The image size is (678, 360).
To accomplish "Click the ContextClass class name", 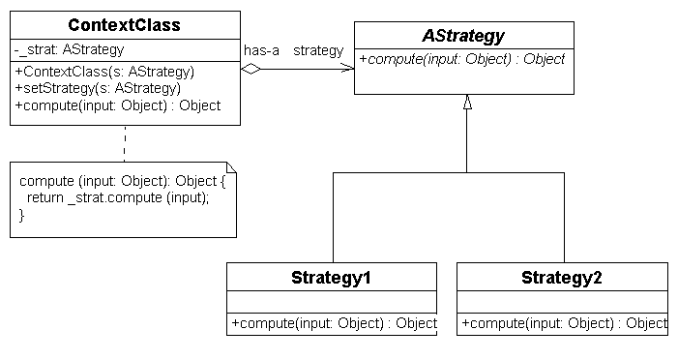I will click(x=126, y=23).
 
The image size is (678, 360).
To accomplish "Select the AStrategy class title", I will click(x=463, y=36).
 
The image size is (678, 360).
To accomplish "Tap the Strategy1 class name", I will click(x=331, y=278).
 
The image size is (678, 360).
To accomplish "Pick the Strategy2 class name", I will click(x=561, y=278).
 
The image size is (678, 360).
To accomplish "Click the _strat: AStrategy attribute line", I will click(x=69, y=49).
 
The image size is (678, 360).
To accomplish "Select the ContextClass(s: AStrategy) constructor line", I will click(x=104, y=71).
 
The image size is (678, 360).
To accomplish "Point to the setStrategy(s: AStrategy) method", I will click(x=98, y=88).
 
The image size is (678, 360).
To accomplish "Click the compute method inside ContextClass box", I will click(x=117, y=105).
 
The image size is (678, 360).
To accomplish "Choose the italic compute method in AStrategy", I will click(x=462, y=59).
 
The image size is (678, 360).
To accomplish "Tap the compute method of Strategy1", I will click(x=334, y=323).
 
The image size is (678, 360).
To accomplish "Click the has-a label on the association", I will click(x=261, y=49).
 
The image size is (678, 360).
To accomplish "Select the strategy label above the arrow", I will click(x=318, y=49).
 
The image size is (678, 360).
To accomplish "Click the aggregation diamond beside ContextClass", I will click(x=251, y=68).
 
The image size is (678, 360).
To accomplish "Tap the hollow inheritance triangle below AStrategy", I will click(x=467, y=102).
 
